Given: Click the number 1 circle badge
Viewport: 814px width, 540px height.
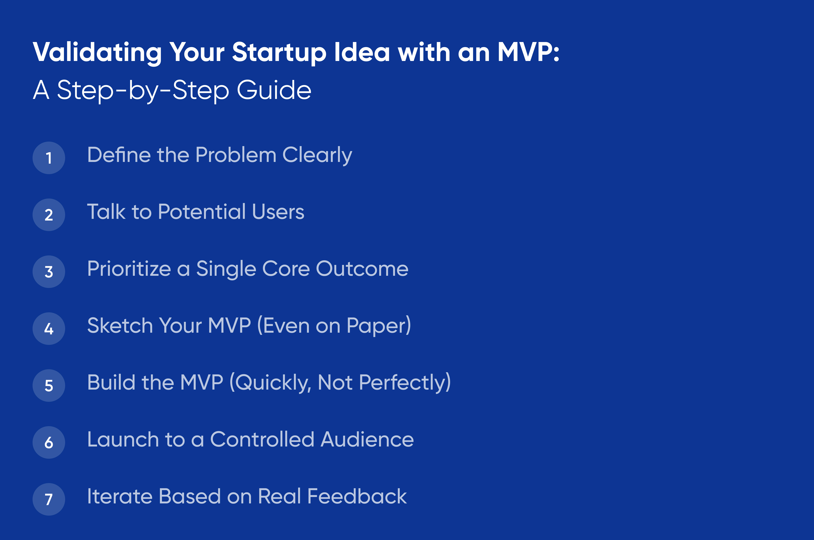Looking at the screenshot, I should pyautogui.click(x=49, y=158).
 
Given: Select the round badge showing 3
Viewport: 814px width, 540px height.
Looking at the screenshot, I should pyautogui.click(x=49, y=272).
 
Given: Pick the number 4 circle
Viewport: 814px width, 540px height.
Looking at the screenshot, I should pyautogui.click(x=49, y=329).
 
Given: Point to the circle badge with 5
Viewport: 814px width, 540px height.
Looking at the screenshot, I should pyautogui.click(x=49, y=385).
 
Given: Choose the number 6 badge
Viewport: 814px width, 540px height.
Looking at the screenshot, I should pyautogui.click(x=49, y=442).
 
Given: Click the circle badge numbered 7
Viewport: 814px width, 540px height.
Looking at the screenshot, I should pyautogui.click(x=49, y=499).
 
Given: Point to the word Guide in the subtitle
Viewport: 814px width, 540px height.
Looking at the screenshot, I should pyautogui.click(x=274, y=90).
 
